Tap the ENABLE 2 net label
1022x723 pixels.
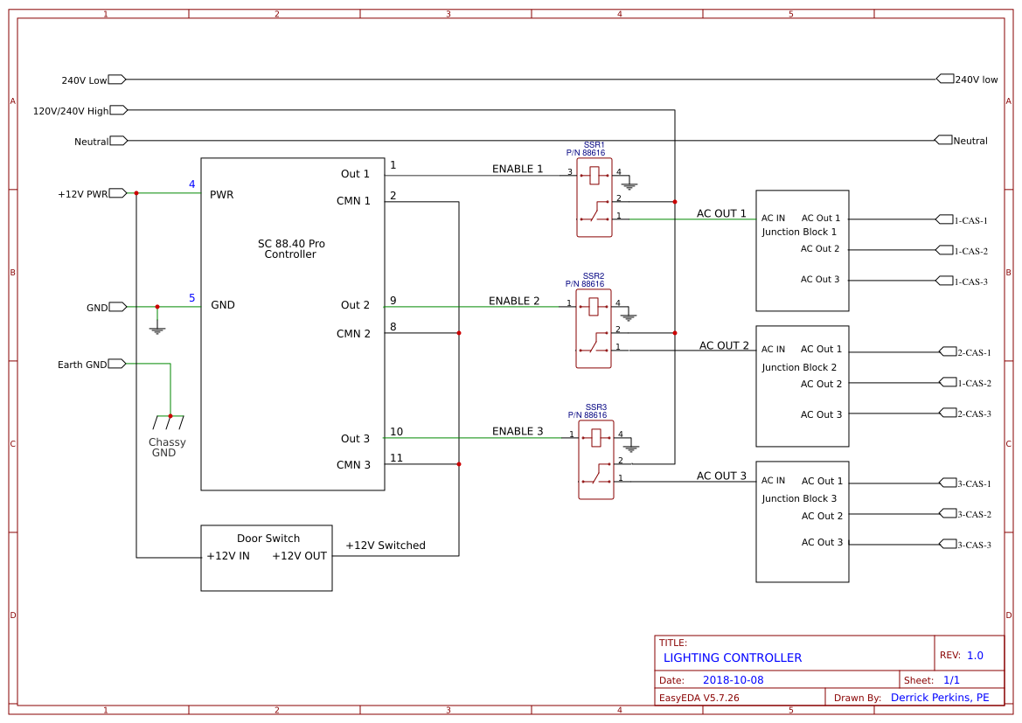pos(514,301)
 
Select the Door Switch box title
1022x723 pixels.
pos(268,539)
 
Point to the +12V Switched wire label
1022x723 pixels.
pos(386,546)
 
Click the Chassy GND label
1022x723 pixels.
pos(166,448)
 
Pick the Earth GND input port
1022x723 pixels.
pos(117,364)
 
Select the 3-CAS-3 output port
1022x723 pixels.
pos(948,544)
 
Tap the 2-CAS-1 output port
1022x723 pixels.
pos(948,351)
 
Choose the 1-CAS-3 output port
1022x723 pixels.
pos(944,281)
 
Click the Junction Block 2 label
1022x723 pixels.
pos(799,367)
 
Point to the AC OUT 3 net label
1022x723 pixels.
pos(721,476)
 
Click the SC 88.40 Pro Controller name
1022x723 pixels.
pos(291,249)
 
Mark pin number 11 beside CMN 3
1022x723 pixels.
pos(397,457)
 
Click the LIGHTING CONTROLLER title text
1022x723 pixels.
pos(733,657)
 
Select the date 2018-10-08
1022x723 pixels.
pos(733,680)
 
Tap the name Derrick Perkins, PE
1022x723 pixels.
pos(940,698)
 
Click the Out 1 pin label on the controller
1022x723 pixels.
pos(355,174)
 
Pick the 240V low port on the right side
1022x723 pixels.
pos(945,79)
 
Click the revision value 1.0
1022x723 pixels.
pos(975,655)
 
